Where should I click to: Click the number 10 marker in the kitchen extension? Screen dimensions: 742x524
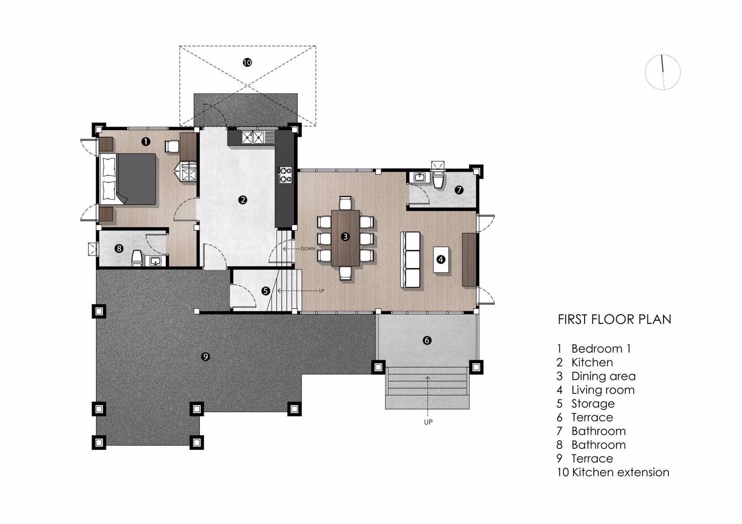coord(247,62)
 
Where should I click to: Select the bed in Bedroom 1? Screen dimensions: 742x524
coord(128,179)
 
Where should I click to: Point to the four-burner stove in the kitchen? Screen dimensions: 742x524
coord(285,175)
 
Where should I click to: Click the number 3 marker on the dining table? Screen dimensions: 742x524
coord(345,237)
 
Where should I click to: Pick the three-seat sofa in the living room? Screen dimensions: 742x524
coord(411,260)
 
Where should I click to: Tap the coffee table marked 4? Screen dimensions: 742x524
coord(441,260)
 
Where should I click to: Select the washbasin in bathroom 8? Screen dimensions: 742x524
coord(155,262)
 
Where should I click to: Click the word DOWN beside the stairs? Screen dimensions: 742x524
coord(308,249)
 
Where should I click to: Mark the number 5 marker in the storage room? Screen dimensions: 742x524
coord(265,291)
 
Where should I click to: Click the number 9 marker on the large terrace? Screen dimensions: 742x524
coord(205,356)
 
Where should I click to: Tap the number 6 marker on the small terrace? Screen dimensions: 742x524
coord(427,340)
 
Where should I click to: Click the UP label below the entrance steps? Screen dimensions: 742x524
coord(429,422)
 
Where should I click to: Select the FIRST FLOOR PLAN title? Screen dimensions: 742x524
coord(614,319)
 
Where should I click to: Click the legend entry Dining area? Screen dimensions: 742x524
coord(604,376)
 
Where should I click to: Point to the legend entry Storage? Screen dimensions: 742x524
coord(593,404)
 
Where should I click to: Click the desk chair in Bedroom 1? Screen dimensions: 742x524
coord(172,146)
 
